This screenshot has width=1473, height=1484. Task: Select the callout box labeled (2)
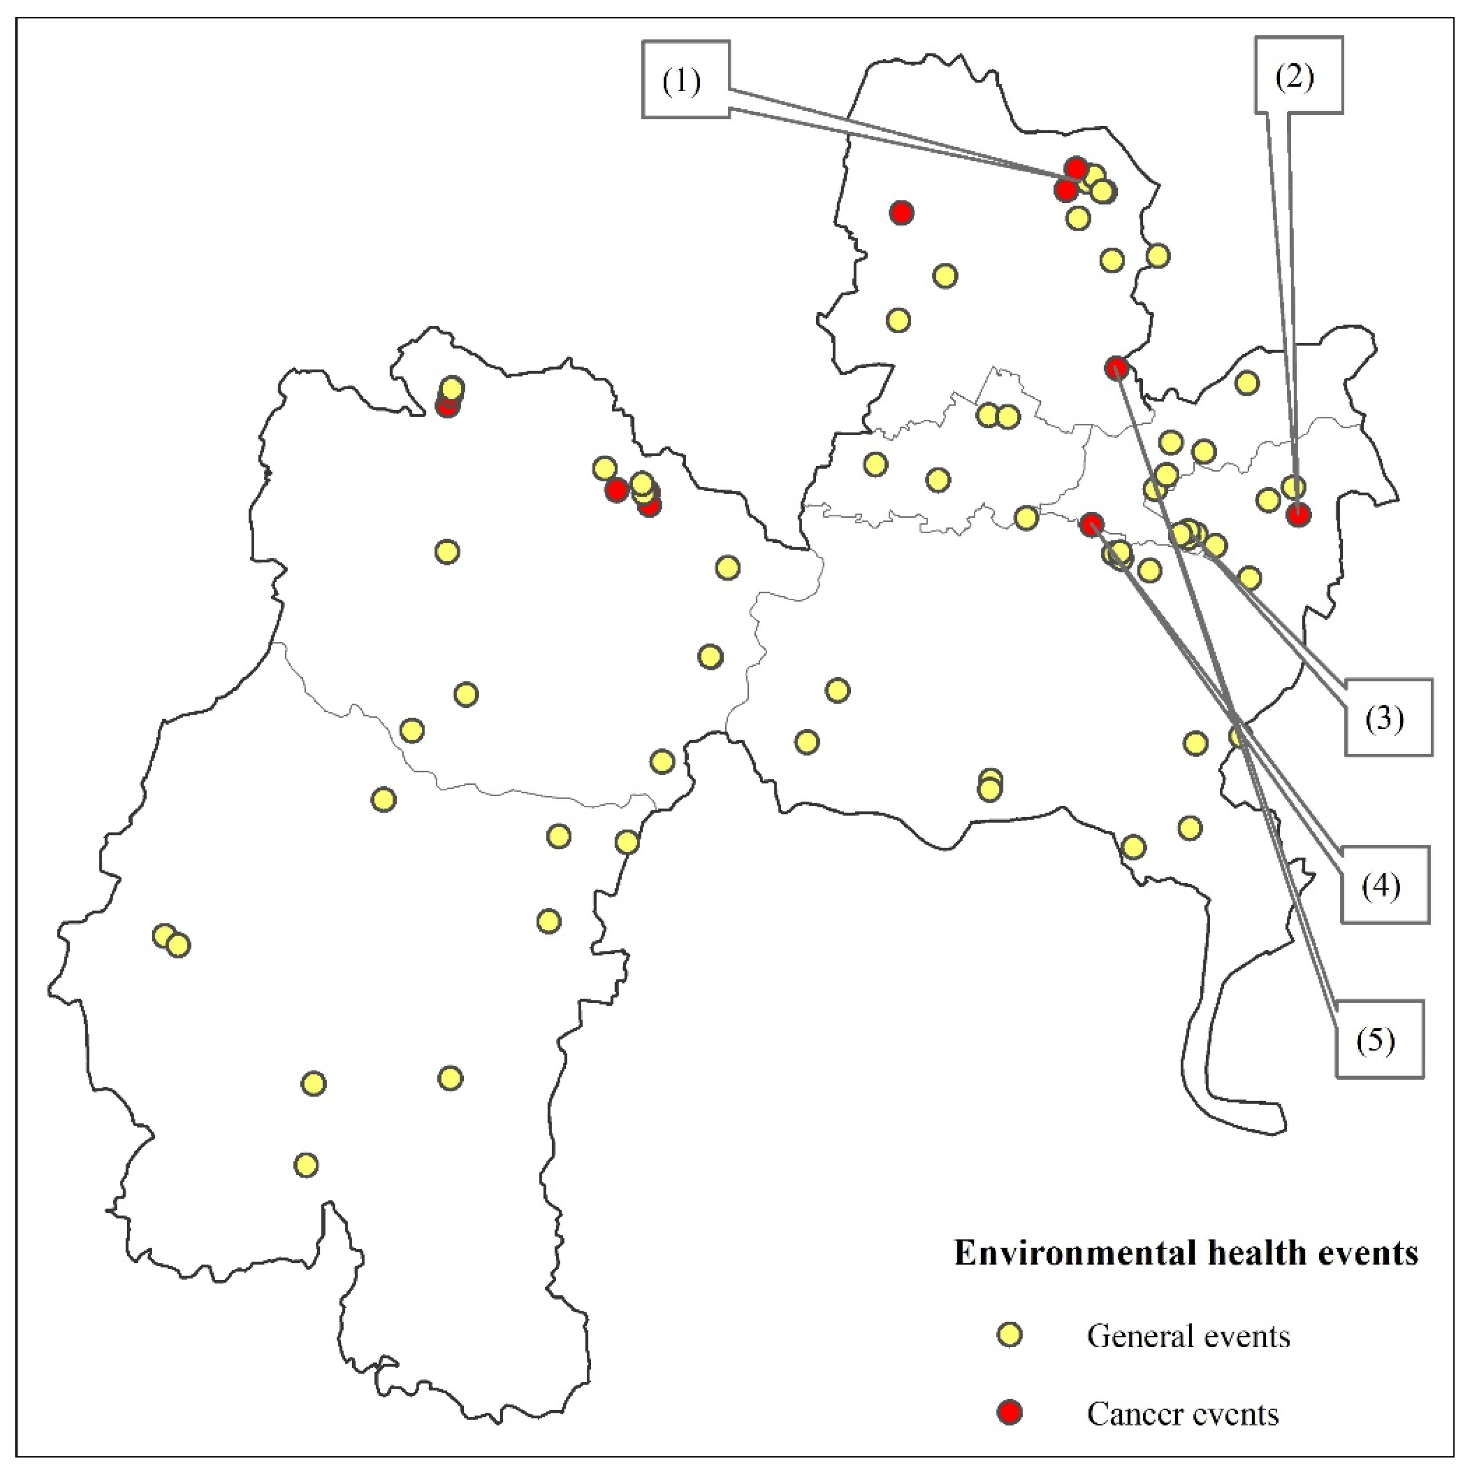[x=1299, y=76]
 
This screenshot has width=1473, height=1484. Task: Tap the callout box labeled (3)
[x=1388, y=718]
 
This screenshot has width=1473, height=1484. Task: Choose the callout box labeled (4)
[x=1385, y=885]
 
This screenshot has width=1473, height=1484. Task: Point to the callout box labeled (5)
[x=1379, y=1039]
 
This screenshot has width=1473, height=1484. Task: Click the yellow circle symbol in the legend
[x=1009, y=1335]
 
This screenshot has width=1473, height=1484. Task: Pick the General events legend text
[x=1188, y=1336]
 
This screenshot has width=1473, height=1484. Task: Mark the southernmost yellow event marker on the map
[x=306, y=1165]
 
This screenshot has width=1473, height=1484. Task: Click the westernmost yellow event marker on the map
[x=163, y=936]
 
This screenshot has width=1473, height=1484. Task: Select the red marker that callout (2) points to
[x=1298, y=515]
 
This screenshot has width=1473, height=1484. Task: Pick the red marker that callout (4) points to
[x=1091, y=524]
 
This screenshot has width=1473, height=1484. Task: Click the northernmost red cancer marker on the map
[x=1076, y=168]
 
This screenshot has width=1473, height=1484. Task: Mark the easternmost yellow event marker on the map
[x=1294, y=486]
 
